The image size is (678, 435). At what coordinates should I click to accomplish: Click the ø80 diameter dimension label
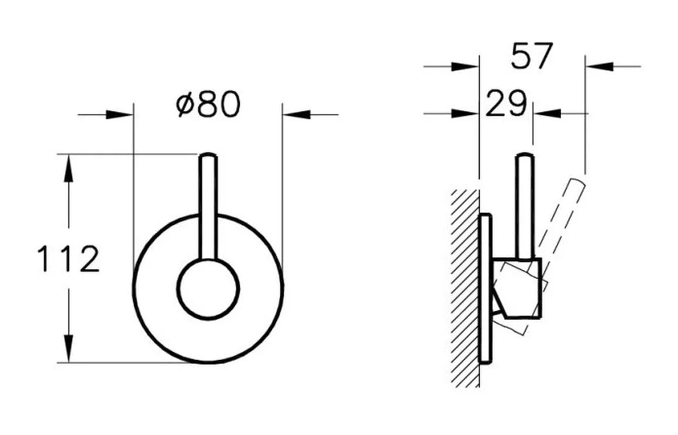coord(208,104)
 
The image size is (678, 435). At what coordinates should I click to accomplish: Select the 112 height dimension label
coord(69,259)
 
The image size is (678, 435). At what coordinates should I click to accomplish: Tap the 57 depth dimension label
coord(531,55)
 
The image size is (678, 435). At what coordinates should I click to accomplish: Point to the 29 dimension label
coord(506,104)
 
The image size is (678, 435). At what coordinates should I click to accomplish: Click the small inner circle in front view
coord(208,289)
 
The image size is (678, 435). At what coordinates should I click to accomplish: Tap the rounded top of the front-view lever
coord(208,155)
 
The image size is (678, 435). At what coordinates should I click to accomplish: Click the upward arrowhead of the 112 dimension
coord(68,168)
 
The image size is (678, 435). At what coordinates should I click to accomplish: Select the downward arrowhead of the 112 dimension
coord(68,347)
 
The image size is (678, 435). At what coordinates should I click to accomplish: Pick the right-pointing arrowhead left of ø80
coord(119,115)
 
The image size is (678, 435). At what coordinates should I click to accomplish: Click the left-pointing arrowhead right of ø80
coord(296,115)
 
